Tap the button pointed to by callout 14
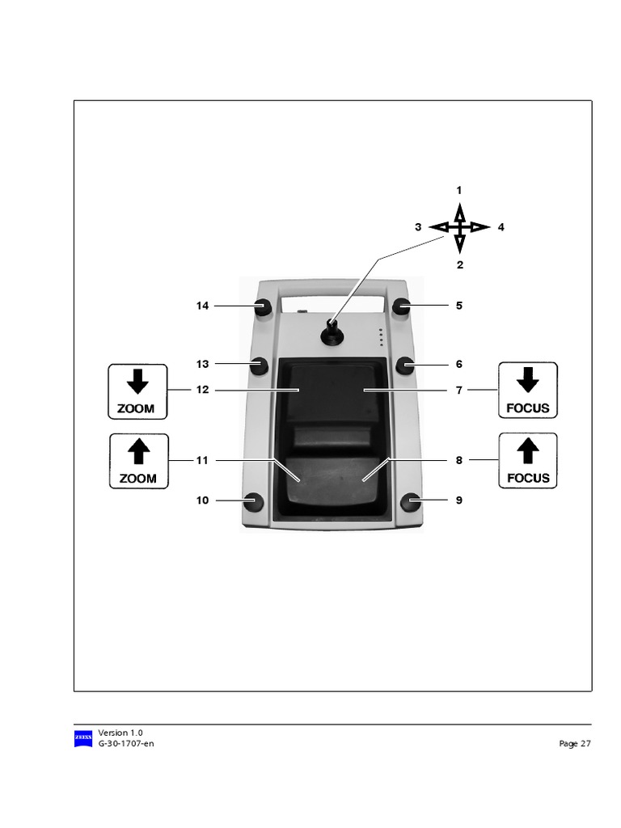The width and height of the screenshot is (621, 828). pos(262,306)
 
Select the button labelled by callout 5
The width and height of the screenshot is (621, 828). pos(402,306)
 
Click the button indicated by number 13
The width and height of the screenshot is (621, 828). pos(259,365)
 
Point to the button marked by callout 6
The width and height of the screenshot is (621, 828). pos(405,365)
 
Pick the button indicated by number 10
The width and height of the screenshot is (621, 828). pos(254,501)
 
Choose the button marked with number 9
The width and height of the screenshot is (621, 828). pos(411,501)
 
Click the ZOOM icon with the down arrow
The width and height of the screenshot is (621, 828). pos(137,391)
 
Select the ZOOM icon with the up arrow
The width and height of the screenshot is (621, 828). pos(139,461)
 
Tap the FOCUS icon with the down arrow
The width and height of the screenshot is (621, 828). pos(527,391)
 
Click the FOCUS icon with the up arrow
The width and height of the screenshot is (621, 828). pos(528,460)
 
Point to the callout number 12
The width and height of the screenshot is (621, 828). pos(202,390)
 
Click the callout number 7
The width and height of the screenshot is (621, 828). pos(458,391)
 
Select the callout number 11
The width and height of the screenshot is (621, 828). pos(202,460)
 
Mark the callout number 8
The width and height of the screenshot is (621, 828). pos(458,460)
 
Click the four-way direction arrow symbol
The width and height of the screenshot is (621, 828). pos(459,227)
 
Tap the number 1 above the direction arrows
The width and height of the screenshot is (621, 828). pos(459,191)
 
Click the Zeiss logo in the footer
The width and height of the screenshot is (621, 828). pos(83,738)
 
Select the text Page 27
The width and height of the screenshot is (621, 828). pos(575,744)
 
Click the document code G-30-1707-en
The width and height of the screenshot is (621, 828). pos(126,743)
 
